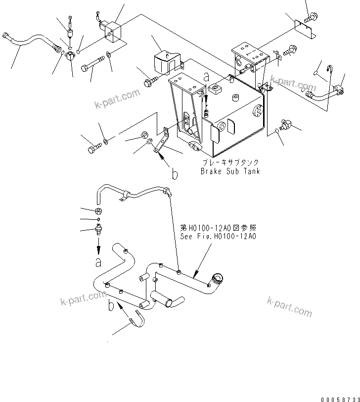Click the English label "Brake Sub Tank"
(230, 171)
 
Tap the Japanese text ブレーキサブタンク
(230, 162)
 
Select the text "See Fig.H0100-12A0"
(218, 237)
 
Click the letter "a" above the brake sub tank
(207, 77)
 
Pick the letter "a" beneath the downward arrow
(98, 260)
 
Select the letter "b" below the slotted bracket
(174, 174)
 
